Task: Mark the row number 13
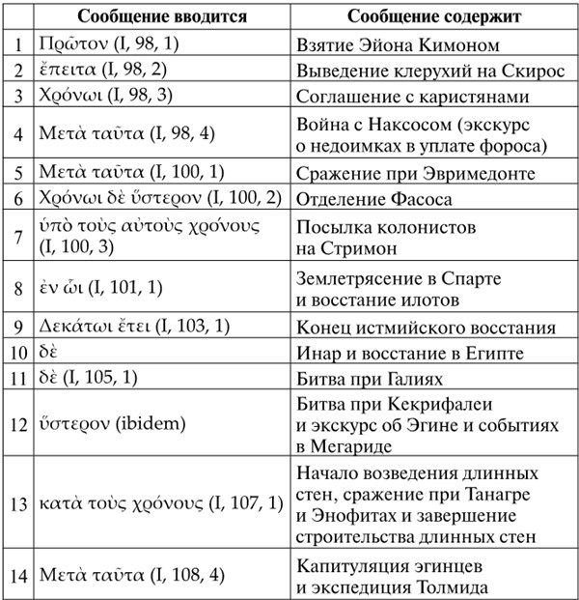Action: pos(16,504)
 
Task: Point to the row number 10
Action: pos(16,353)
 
